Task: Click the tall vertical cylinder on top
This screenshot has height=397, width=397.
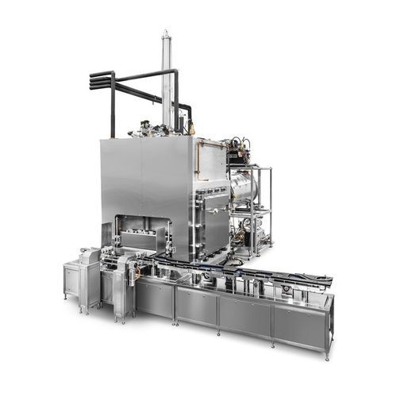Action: (167, 79)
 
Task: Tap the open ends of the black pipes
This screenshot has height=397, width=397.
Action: (93, 79)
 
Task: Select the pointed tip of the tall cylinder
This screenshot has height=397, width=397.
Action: (167, 33)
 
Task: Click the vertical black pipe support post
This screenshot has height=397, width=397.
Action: (114, 107)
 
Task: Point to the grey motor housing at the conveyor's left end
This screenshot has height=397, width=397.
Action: (90, 258)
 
